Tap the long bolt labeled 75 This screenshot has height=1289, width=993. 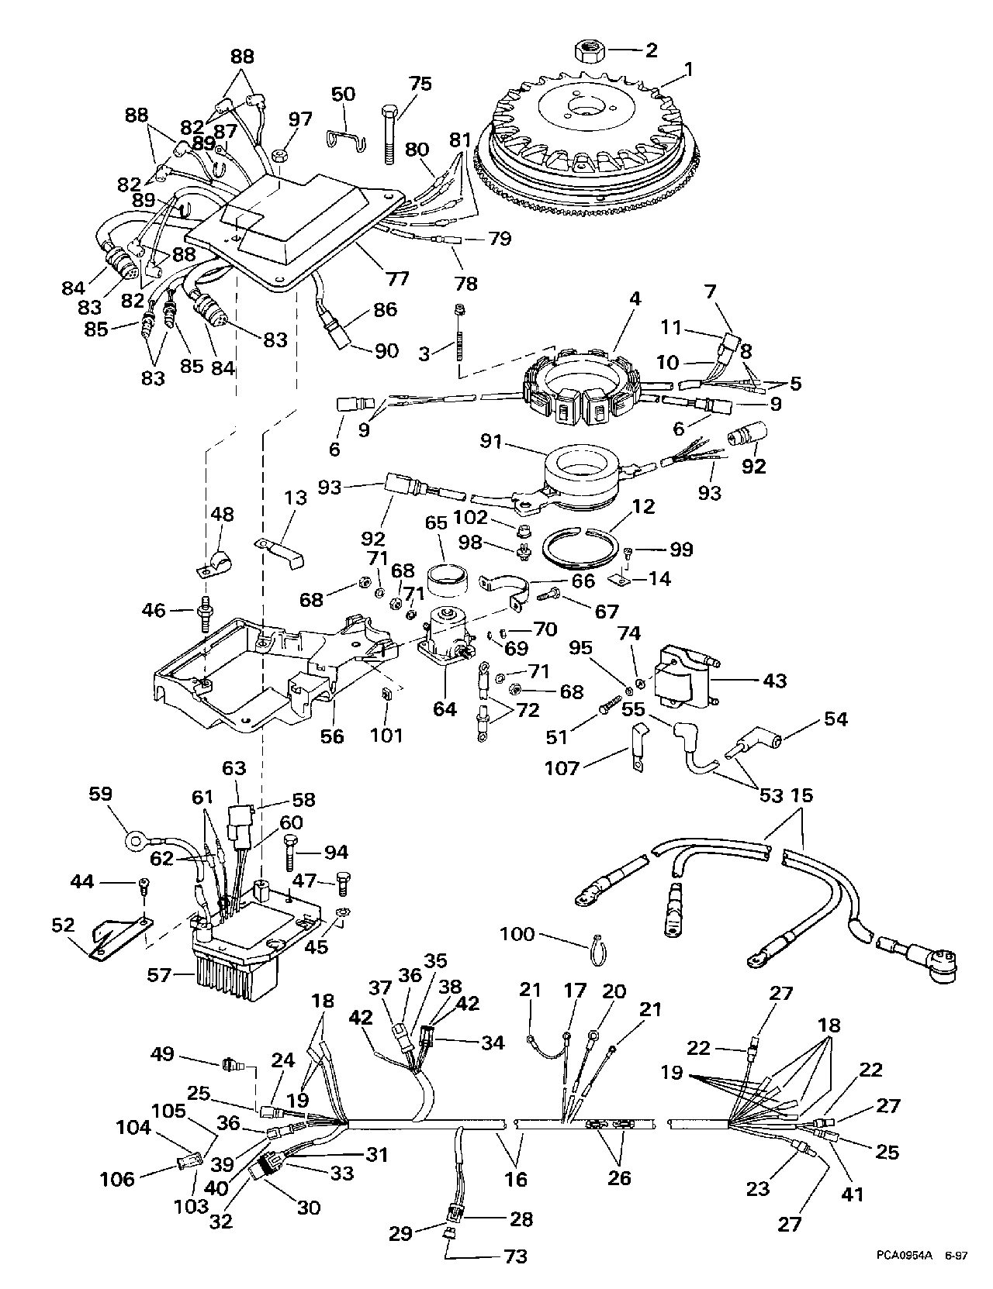(x=389, y=135)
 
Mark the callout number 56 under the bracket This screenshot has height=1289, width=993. (x=332, y=736)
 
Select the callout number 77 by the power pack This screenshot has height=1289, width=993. (x=400, y=278)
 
